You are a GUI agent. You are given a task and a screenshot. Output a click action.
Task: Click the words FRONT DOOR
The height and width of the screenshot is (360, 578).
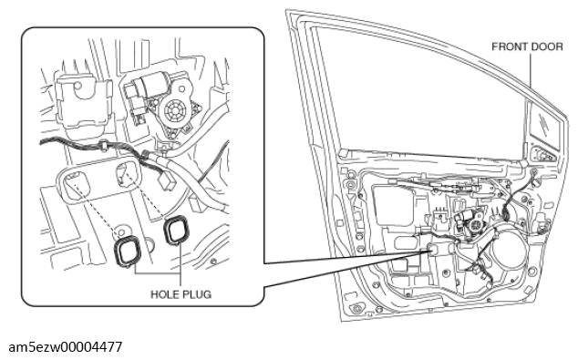click(x=527, y=46)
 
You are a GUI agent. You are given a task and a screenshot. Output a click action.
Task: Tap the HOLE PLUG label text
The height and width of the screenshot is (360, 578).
click(x=181, y=294)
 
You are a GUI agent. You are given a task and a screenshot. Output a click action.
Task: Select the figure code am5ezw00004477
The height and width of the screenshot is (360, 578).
click(x=66, y=347)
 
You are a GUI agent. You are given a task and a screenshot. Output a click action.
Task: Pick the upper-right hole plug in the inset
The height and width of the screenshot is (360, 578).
click(x=177, y=231)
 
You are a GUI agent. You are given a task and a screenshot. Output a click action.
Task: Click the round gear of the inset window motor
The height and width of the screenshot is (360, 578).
click(x=175, y=109)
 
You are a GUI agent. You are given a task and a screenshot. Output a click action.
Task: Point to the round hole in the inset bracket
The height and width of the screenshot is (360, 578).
click(x=77, y=87)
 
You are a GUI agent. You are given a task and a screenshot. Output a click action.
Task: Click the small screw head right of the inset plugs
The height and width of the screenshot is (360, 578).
click(x=212, y=262)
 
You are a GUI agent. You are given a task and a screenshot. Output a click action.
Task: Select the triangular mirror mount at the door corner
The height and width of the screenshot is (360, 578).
click(x=543, y=154)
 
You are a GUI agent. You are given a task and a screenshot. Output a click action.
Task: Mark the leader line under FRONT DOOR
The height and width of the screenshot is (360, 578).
click(x=531, y=70)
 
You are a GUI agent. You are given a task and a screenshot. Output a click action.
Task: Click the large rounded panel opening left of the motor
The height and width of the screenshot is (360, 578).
click(x=392, y=203)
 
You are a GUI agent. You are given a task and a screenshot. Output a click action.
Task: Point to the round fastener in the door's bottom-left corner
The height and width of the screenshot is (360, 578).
click(x=356, y=308)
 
